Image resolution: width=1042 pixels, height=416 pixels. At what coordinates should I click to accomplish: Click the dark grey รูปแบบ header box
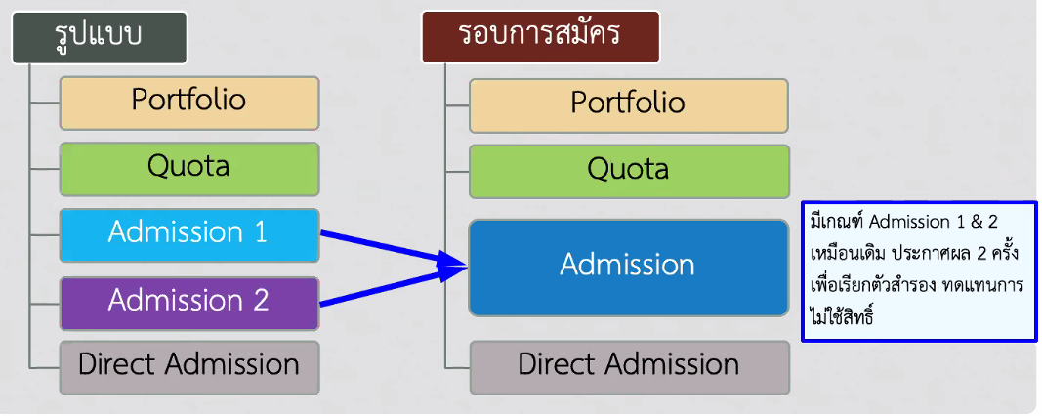100,37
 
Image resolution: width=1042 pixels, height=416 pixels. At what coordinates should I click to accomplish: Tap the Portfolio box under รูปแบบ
189,103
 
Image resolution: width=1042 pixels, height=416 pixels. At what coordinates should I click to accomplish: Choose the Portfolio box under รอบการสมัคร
629,105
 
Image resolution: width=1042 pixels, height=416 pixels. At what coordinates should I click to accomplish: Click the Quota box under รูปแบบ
189,169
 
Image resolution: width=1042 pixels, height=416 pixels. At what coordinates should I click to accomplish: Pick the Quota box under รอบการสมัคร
629,172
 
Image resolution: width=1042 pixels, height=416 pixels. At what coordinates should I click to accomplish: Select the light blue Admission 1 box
189,235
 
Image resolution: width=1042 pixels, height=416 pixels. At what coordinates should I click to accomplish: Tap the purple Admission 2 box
189,304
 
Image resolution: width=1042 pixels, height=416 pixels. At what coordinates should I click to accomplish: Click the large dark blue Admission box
629,268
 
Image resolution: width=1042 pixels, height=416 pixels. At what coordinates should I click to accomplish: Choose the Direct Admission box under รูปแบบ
189,368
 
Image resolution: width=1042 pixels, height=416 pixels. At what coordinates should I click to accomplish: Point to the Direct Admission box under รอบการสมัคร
629,368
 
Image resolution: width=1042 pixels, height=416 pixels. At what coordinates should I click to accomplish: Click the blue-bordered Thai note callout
919,271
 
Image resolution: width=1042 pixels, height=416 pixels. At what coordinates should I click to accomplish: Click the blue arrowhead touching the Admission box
452,268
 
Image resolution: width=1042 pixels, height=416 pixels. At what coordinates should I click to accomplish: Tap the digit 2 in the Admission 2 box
260,301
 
